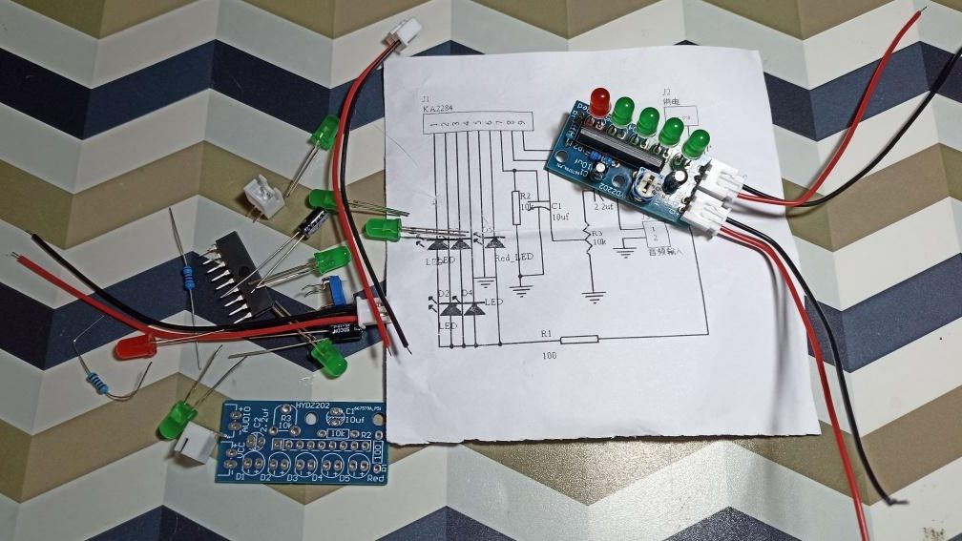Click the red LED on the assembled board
(600, 100)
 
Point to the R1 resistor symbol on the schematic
(578, 340)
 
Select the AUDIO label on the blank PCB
(246, 421)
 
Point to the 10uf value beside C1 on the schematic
(558, 217)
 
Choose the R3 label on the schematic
(598, 232)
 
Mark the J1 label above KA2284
(426, 98)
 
